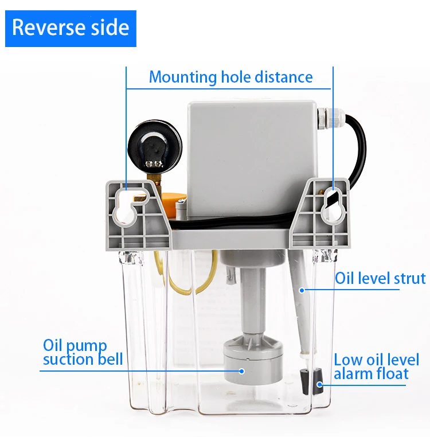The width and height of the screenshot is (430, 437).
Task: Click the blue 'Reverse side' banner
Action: (71, 29)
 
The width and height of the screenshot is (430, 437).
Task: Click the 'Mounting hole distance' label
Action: (230, 77)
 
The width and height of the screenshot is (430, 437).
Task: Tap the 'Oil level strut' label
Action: (380, 278)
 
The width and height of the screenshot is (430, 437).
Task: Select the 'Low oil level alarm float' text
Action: (376, 366)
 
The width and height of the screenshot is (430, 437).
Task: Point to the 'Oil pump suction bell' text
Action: (83, 352)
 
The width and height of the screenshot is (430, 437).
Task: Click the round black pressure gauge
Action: (155, 147)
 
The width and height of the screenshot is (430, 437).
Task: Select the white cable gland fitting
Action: (331, 119)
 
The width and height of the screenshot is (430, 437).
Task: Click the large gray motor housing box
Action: (252, 159)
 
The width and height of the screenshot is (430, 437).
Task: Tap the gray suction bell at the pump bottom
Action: (252, 359)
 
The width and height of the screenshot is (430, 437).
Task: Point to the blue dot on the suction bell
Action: (242, 371)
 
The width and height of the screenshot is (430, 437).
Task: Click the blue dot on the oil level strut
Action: (302, 290)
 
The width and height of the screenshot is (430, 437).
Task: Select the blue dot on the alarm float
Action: (320, 385)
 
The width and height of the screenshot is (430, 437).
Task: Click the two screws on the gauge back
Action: (154, 163)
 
